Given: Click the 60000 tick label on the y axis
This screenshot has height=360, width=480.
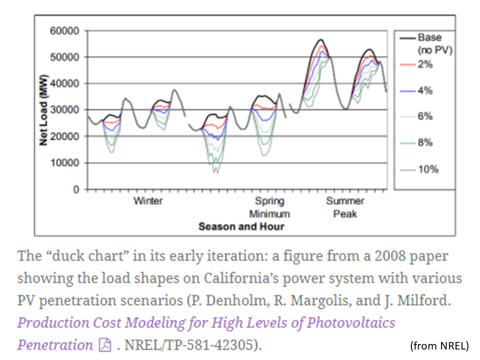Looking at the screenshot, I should pyautogui.click(x=64, y=31).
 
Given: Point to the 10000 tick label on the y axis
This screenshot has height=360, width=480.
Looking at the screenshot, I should pyautogui.click(x=64, y=163).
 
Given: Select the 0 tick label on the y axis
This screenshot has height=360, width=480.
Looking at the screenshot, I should pyautogui.click(x=75, y=189).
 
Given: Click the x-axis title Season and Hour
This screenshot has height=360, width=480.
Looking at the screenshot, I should pyautogui.click(x=241, y=226).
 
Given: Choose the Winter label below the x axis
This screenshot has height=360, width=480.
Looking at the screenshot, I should pyautogui.click(x=148, y=201).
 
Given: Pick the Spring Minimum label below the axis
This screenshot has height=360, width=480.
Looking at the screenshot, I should pyautogui.click(x=269, y=207).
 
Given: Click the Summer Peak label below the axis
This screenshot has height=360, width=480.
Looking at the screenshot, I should pyautogui.click(x=345, y=207).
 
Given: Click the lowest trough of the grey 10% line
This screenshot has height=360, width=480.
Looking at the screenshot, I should pyautogui.click(x=215, y=172).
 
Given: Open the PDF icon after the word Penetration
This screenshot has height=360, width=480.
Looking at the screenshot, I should pyautogui.click(x=105, y=345).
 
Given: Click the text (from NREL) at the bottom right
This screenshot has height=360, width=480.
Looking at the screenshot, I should pyautogui.click(x=439, y=345).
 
